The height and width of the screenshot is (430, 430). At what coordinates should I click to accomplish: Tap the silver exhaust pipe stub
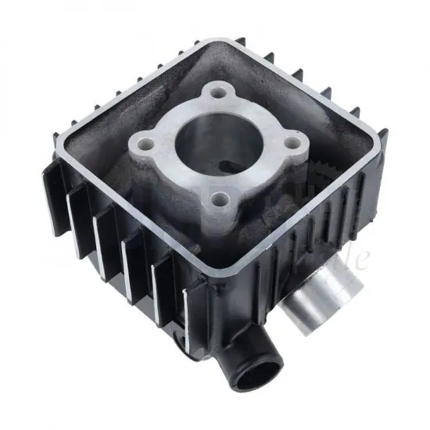[314, 293]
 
